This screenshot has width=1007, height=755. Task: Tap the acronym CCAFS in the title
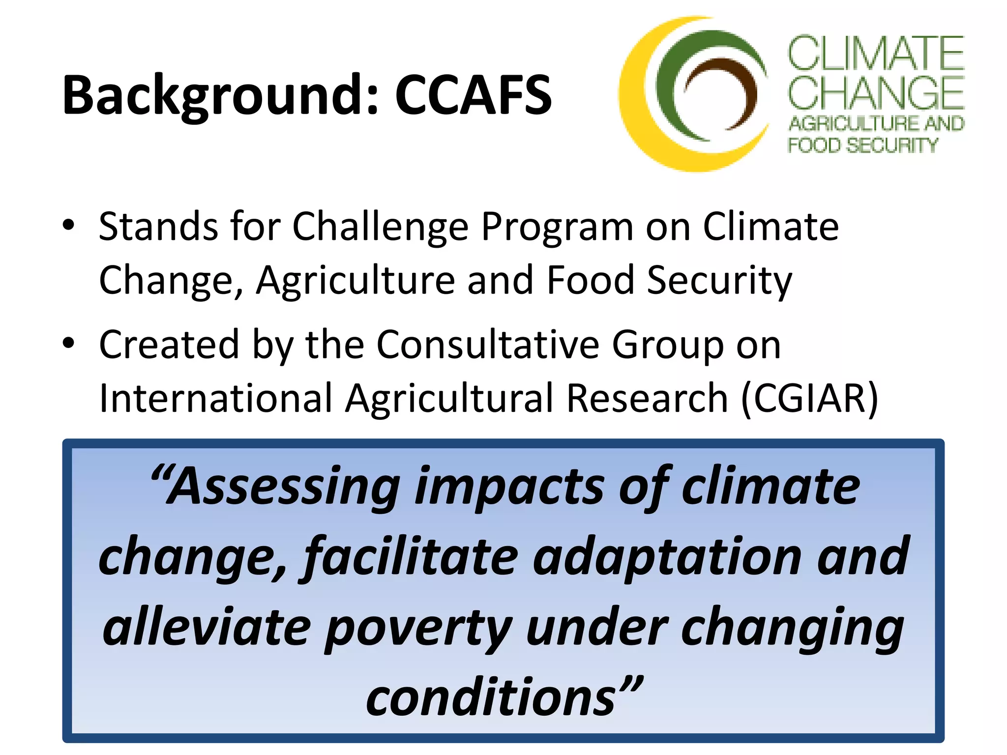click(x=474, y=96)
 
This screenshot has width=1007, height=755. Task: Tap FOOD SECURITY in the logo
click(x=863, y=145)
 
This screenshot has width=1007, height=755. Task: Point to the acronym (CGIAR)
click(x=809, y=398)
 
